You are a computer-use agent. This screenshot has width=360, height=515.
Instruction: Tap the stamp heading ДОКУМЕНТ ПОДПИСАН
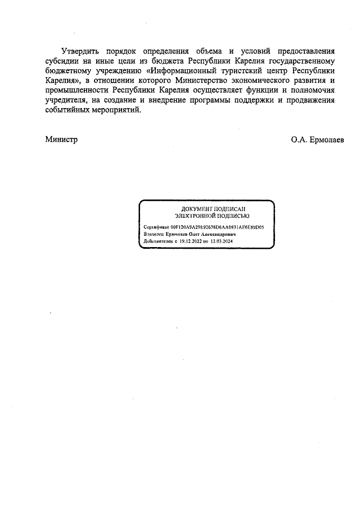pos(206,209)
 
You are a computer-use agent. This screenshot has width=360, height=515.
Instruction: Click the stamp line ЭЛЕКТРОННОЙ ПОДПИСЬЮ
pos(206,216)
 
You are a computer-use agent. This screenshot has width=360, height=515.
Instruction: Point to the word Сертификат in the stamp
pos(157,227)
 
